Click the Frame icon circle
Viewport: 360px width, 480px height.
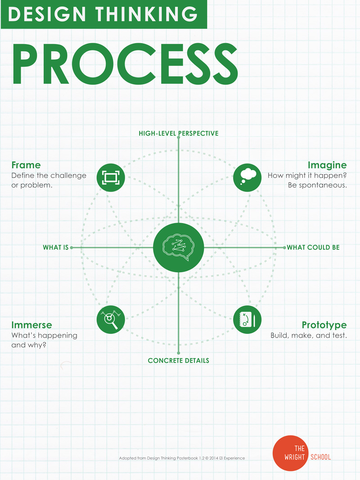pyautogui.click(x=111, y=177)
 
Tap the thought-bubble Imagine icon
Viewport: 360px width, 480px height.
pyautogui.click(x=247, y=177)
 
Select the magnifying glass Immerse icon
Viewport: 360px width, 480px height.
pyautogui.click(x=111, y=319)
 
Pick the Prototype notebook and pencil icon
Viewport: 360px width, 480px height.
pyautogui.click(x=247, y=319)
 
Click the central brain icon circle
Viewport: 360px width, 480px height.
pyautogui.click(x=179, y=247)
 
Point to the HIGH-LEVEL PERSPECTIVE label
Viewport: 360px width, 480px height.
pyautogui.click(x=179, y=133)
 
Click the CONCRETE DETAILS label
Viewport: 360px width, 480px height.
pyautogui.click(x=179, y=360)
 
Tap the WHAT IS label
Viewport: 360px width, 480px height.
pyautogui.click(x=55, y=247)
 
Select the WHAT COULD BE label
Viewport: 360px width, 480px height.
pyautogui.click(x=313, y=247)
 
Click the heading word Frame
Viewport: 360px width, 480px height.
pyautogui.click(x=26, y=165)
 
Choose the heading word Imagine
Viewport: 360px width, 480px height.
pyautogui.click(x=327, y=165)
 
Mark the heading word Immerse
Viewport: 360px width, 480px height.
pyautogui.click(x=31, y=325)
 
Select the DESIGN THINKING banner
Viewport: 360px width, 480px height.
pyautogui.click(x=103, y=14)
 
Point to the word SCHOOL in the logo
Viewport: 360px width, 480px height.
pyautogui.click(x=320, y=457)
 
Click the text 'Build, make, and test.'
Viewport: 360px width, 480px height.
pyautogui.click(x=308, y=336)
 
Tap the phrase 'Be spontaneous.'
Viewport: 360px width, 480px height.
pyautogui.click(x=317, y=185)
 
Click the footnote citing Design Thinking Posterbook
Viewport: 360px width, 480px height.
pyautogui.click(x=182, y=458)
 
